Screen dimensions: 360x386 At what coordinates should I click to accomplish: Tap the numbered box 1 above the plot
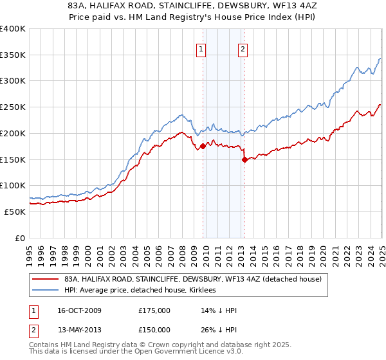(x=201, y=50)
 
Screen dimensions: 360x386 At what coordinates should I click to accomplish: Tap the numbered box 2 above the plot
(x=243, y=50)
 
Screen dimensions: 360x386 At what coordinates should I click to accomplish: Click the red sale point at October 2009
(x=203, y=146)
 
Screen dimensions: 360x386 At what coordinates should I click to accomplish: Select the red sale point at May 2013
(x=244, y=159)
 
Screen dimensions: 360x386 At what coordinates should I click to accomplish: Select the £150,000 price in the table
(x=154, y=330)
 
